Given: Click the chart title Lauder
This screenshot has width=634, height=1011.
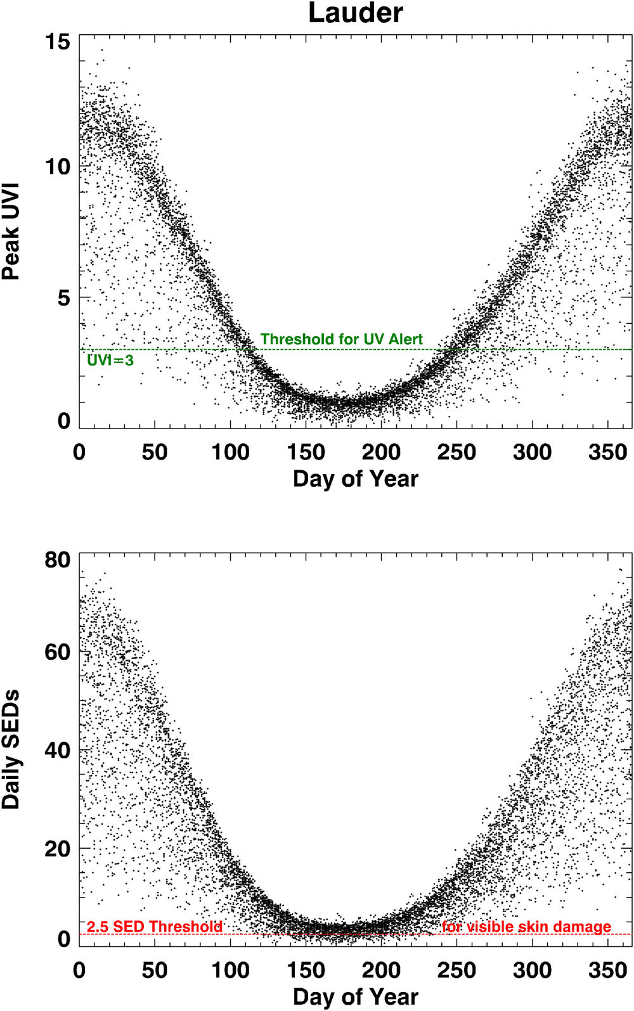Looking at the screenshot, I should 355,13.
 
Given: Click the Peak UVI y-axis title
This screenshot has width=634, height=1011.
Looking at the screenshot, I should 11,231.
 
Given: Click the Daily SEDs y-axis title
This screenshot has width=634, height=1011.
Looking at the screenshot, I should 11,749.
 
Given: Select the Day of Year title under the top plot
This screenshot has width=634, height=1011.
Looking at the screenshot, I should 355,479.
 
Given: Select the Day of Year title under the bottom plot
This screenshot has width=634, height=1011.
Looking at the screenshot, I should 355,996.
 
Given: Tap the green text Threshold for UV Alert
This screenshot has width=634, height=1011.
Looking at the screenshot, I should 341,339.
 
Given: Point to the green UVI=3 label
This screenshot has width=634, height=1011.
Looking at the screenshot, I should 110,361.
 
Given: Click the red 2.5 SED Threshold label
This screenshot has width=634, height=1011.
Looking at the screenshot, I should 155,927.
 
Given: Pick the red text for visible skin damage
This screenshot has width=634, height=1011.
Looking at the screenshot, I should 526,927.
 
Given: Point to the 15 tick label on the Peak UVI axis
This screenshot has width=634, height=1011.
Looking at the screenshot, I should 58,42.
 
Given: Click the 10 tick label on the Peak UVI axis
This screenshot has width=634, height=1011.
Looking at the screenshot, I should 58,167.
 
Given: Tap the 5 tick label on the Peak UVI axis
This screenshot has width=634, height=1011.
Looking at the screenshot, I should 64,297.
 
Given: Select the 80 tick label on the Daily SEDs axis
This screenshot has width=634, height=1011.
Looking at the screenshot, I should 58,560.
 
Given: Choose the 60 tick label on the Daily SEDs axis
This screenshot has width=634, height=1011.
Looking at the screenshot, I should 58,652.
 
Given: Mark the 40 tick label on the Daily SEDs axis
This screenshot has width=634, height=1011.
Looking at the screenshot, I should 58,750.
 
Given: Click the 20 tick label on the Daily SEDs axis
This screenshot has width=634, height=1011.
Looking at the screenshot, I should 58,849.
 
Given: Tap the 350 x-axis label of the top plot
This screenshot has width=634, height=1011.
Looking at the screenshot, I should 607,452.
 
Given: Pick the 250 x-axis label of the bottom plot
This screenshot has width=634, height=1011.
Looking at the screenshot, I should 456,970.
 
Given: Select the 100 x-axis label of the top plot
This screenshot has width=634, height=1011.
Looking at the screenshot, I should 230,452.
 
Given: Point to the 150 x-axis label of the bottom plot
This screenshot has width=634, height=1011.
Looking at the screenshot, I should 306,970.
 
